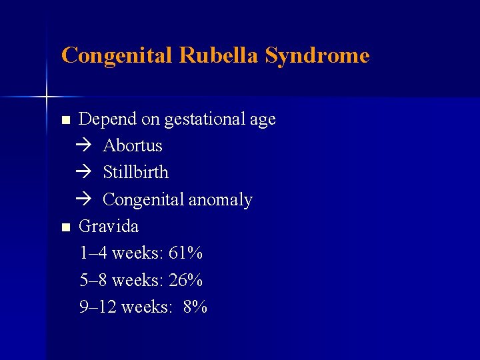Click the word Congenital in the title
pyautogui.click(x=117, y=55)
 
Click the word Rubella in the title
pyautogui.click(x=219, y=55)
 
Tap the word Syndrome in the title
pyautogui.click(x=317, y=55)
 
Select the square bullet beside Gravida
pyautogui.click(x=65, y=228)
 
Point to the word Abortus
pyautogui.click(x=133, y=146)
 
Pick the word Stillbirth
pyautogui.click(x=136, y=173)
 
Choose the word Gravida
pyautogui.click(x=109, y=227)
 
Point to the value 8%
pyautogui.click(x=195, y=307)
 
